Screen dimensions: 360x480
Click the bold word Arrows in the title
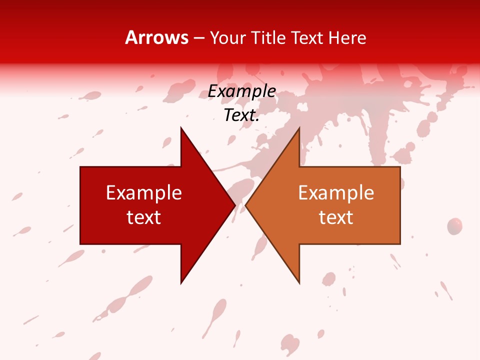(x=157, y=38)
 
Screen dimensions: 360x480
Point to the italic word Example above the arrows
(x=241, y=91)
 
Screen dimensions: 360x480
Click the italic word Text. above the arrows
(x=241, y=115)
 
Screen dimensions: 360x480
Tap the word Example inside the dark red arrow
(x=144, y=193)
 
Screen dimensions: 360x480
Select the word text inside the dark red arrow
(x=144, y=217)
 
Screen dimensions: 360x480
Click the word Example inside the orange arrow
(x=336, y=193)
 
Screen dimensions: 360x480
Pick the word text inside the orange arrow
(x=336, y=217)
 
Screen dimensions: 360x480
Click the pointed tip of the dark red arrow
(x=234, y=205)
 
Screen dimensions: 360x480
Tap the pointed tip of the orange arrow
(x=246, y=205)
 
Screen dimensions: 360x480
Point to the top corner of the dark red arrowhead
(x=181, y=128)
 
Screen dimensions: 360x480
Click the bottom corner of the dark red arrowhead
(x=181, y=283)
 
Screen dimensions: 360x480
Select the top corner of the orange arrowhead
(x=299, y=128)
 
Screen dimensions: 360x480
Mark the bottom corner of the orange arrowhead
(x=299, y=283)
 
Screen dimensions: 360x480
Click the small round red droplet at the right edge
(x=454, y=226)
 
